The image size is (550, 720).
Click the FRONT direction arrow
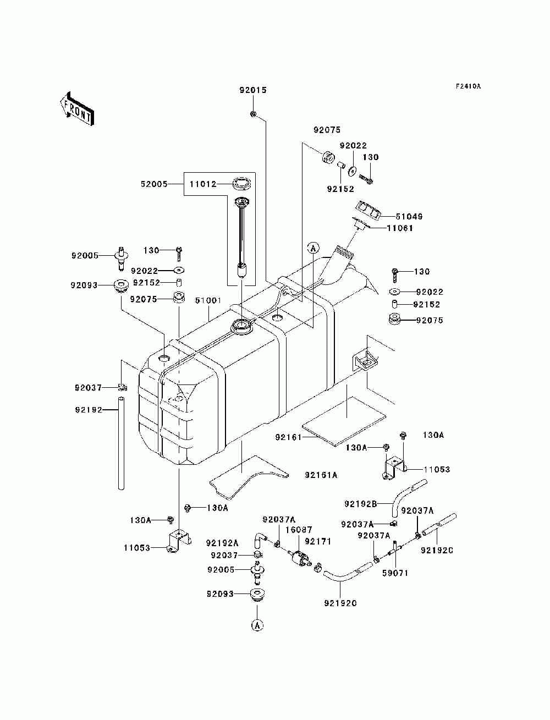coord(78,108)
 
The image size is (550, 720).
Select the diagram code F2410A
coord(468,86)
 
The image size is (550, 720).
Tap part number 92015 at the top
coord(253,90)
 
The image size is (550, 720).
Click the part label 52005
coord(154,184)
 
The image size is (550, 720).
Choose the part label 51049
coord(409,217)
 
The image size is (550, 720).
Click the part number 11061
coord(400,228)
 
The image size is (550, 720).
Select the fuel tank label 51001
coord(208,300)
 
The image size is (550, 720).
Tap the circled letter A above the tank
coord(313,248)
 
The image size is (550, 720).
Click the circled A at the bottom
coord(257,625)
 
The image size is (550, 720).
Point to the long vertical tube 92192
coord(122,443)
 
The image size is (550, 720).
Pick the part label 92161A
coord(321,475)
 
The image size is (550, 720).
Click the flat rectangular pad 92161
coord(344,421)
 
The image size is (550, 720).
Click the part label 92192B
coord(360,504)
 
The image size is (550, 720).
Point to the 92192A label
coord(222,543)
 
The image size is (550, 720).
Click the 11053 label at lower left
coord(137,548)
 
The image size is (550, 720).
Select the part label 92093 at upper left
coord(84,285)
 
